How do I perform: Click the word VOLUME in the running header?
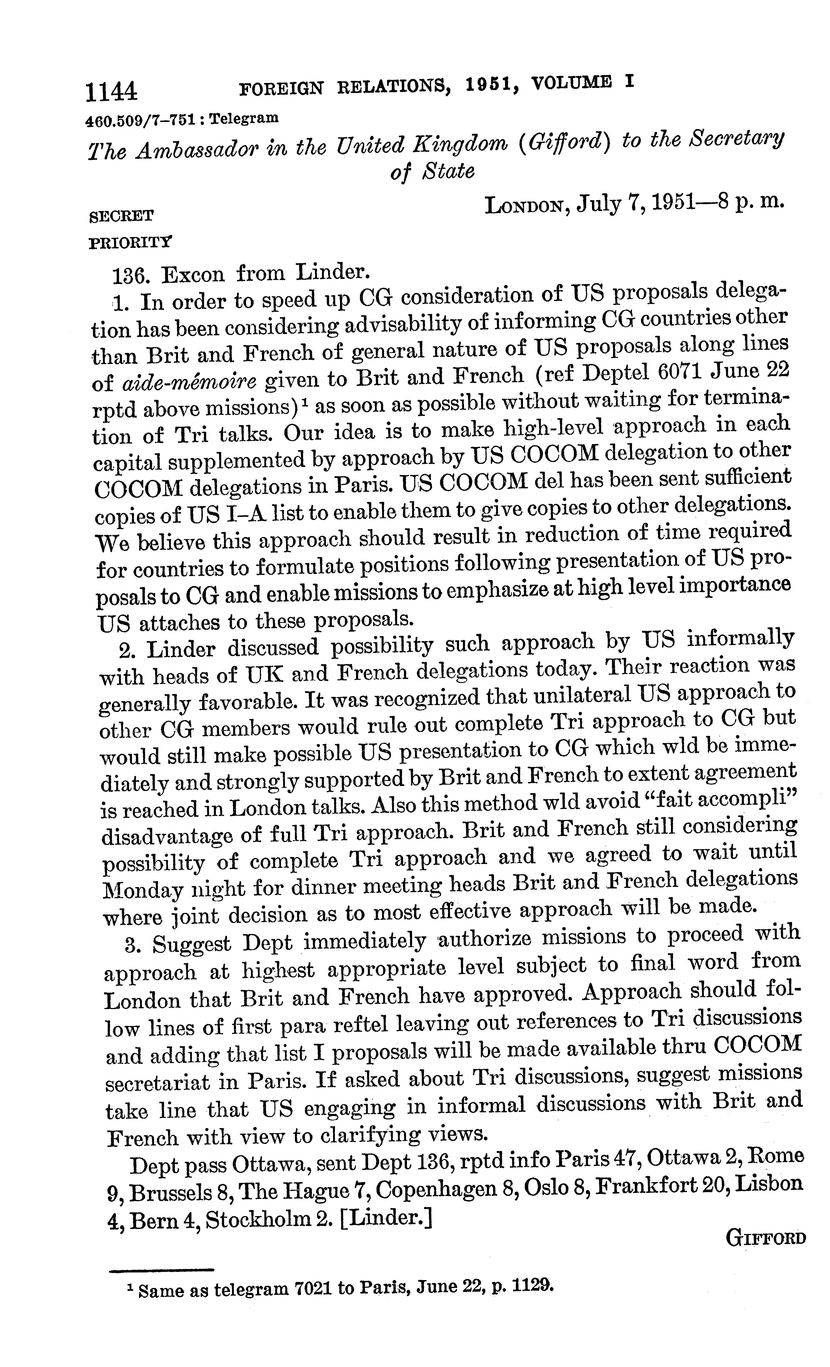pyautogui.click(x=571, y=84)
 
